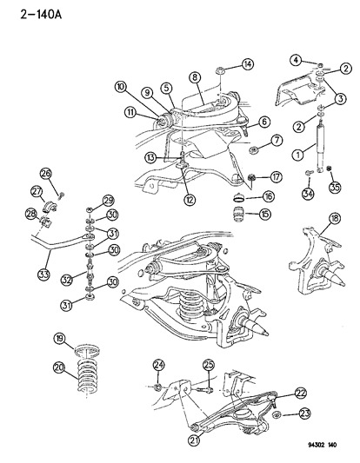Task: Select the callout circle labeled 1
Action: [x=298, y=155]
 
